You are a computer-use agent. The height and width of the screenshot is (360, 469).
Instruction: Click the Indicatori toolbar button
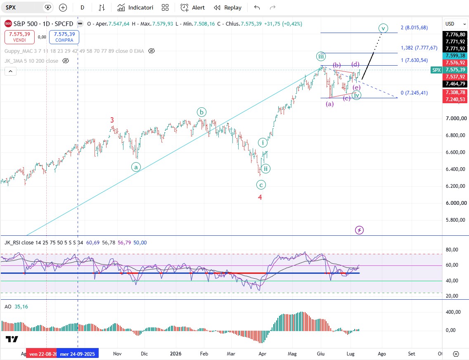pos(135,7)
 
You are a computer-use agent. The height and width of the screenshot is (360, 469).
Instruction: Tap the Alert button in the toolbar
pos(193,7)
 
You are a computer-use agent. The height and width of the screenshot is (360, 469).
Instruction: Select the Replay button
pos(227,7)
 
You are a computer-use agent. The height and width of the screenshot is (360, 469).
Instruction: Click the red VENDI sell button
pos(19,37)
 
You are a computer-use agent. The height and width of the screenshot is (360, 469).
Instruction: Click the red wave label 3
pos(112,120)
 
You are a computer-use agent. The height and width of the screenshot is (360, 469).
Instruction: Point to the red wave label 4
pos(260,197)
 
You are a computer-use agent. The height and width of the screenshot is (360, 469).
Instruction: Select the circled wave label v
pos(383,28)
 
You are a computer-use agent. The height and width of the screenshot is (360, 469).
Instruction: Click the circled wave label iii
pos(321,56)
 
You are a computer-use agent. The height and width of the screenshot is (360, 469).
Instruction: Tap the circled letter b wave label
pos(201,112)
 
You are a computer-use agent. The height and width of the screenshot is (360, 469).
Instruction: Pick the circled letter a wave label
pos(136,167)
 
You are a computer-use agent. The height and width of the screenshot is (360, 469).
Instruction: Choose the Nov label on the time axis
pos(117,354)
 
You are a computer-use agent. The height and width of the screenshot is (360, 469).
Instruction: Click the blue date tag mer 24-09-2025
pos(78,354)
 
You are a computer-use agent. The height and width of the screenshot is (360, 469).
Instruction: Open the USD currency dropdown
pos(455,24)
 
